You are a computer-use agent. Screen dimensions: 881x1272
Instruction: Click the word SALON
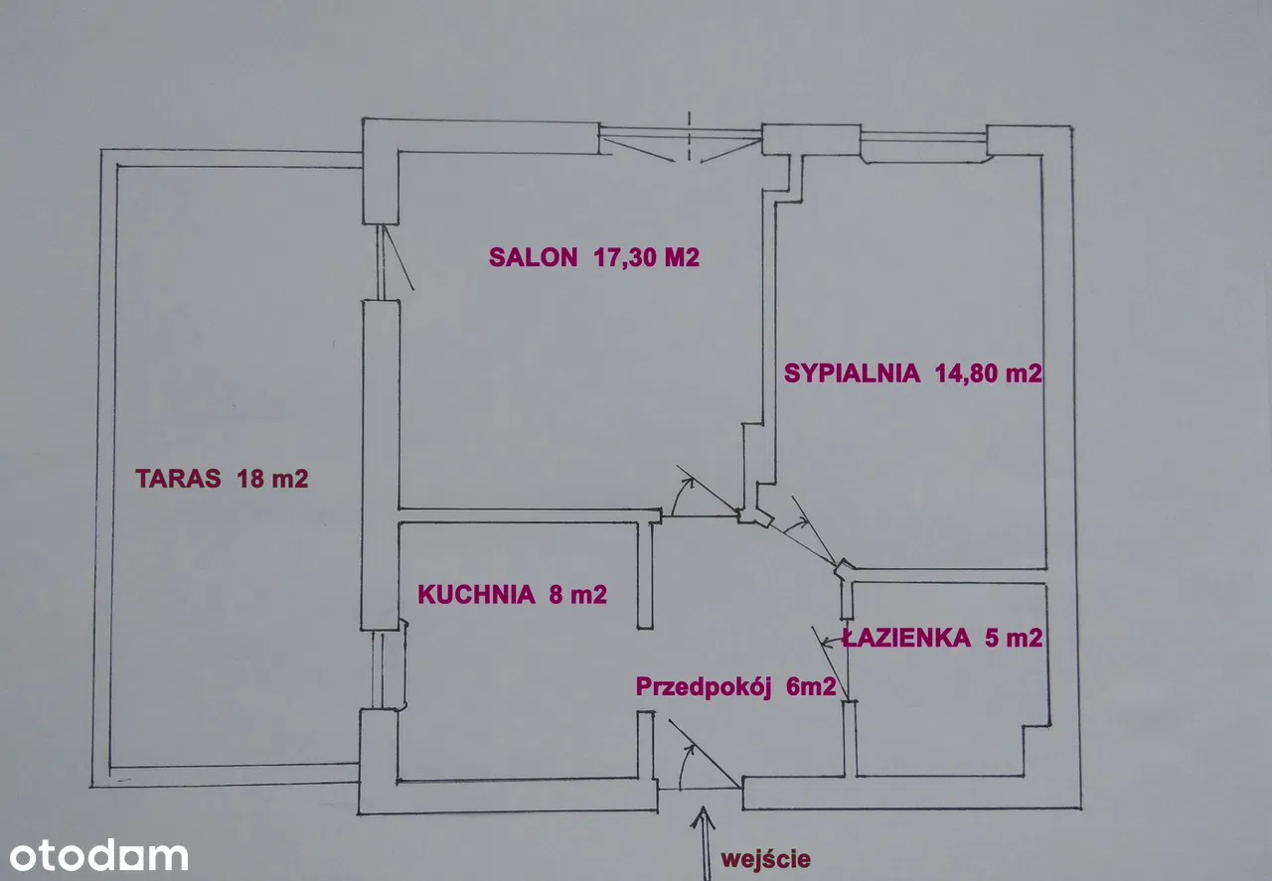532,257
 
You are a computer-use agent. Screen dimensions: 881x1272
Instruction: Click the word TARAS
178,478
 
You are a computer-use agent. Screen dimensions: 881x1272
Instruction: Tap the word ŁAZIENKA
906,639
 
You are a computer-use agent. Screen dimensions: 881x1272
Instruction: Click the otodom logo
97,855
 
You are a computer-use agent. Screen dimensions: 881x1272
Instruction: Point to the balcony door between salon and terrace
390,259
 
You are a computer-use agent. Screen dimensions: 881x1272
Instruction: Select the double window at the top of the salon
682,140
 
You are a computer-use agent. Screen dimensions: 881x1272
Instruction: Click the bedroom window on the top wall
923,147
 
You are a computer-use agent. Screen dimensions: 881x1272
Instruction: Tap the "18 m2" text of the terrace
272,478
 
